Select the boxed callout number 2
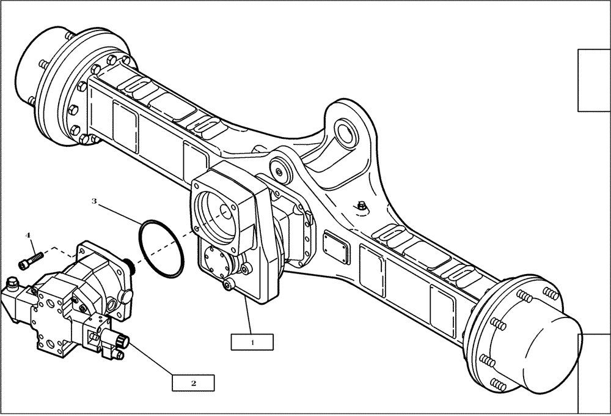pos(193,383)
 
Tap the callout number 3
pos(93,201)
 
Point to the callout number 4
pos(27,234)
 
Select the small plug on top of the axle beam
pos(362,208)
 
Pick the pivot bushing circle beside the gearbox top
pos(280,171)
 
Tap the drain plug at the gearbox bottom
pos(229,284)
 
